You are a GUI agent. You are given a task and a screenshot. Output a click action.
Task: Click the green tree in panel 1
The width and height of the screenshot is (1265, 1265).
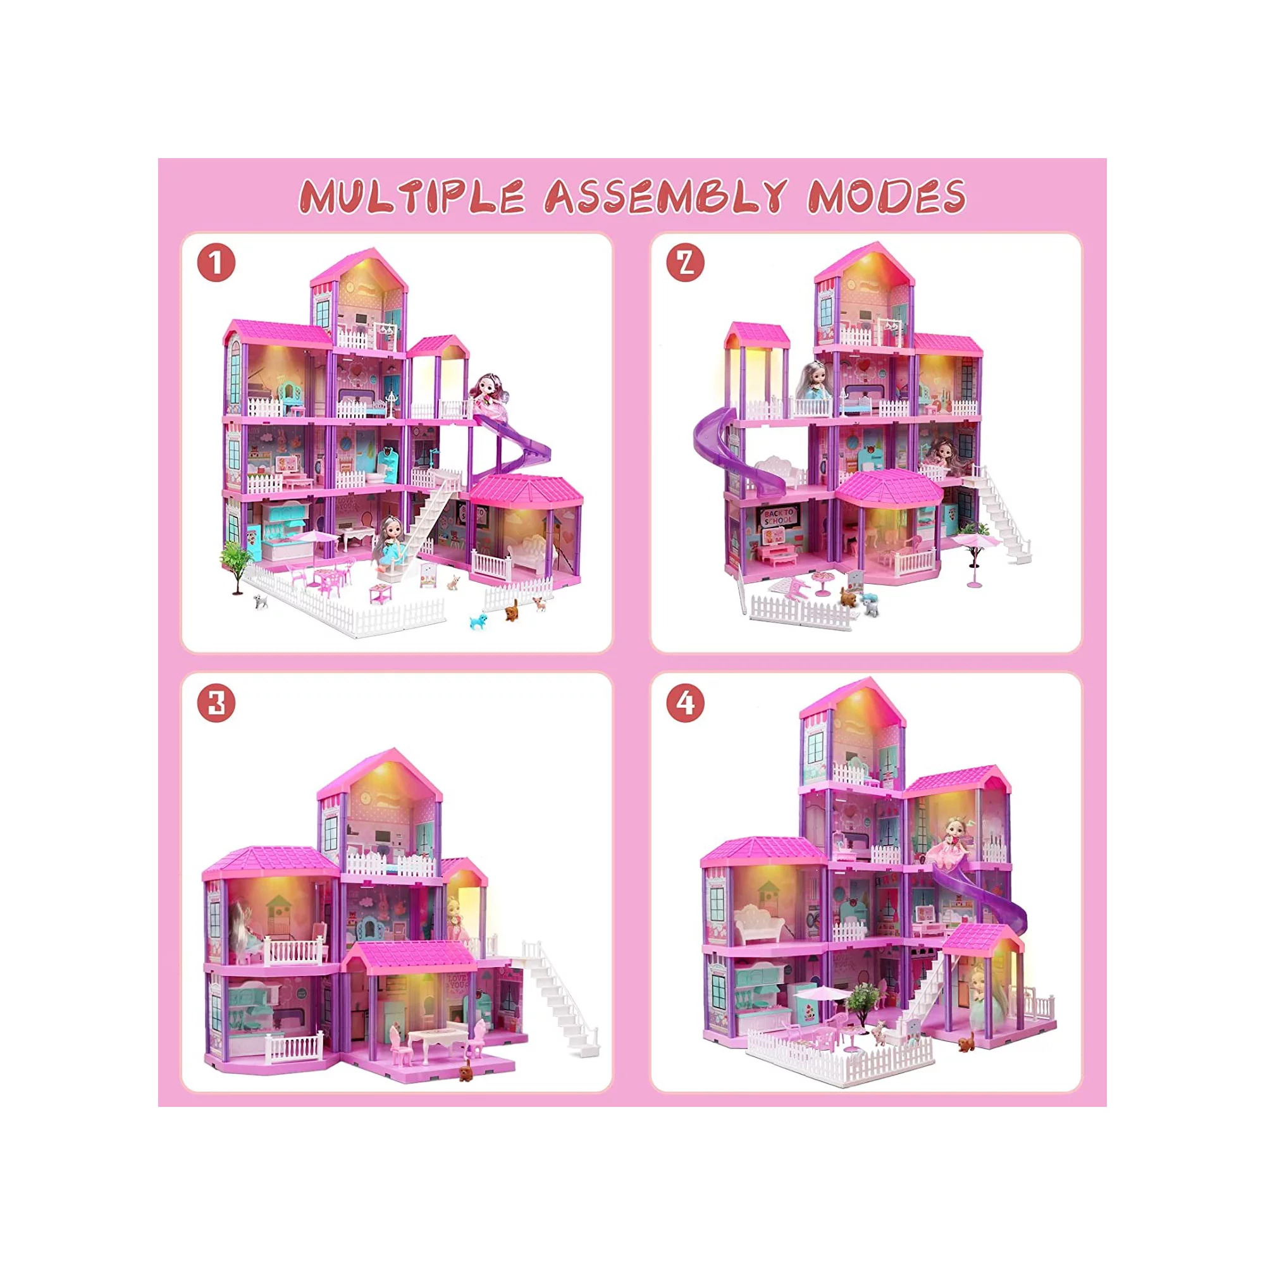pyautogui.click(x=236, y=563)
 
